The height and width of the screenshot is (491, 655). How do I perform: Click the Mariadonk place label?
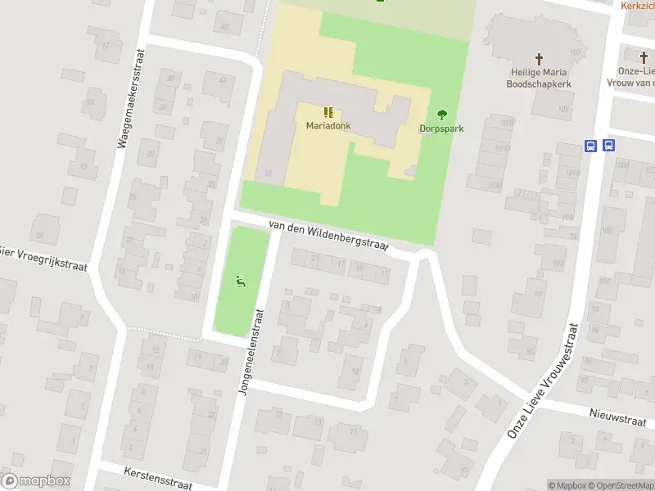pyautogui.click(x=327, y=125)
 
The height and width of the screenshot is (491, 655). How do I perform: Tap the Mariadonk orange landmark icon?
pyautogui.click(x=328, y=112)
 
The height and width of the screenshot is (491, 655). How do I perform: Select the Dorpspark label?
pyautogui.click(x=442, y=128)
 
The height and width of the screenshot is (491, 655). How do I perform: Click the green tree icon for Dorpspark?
pyautogui.click(x=442, y=115)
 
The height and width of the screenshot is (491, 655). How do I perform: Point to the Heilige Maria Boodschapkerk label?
pyautogui.click(x=538, y=78)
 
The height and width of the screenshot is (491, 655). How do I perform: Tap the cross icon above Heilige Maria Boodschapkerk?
pyautogui.click(x=539, y=59)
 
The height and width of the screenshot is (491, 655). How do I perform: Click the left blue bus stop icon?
pyautogui.click(x=590, y=146)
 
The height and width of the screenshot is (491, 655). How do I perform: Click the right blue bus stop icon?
pyautogui.click(x=608, y=146)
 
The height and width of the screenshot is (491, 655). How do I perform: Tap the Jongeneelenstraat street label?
pyautogui.click(x=251, y=352)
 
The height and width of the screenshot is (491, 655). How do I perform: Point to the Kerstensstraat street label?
pyautogui.click(x=157, y=479)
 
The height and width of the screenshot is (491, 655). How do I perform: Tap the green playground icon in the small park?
pyautogui.click(x=241, y=282)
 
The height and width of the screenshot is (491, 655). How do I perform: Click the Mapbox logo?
pyautogui.click(x=36, y=481)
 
